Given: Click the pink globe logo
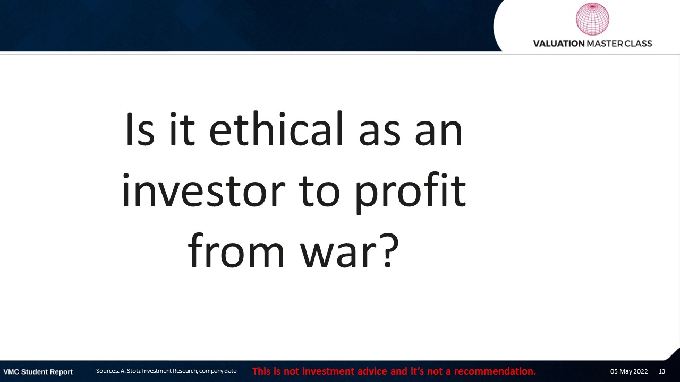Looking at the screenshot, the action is click(592, 19).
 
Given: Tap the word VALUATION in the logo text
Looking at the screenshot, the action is click(559, 44).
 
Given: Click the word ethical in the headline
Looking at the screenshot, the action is click(276, 128).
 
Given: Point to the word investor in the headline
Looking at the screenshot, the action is click(203, 189).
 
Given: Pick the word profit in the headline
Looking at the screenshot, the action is click(410, 193).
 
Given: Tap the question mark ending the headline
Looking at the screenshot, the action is click(388, 250).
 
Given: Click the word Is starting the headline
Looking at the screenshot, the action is click(140, 128).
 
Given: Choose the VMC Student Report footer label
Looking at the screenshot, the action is click(38, 372).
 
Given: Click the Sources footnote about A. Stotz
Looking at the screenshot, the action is click(166, 371).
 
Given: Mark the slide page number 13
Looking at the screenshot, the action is click(662, 371).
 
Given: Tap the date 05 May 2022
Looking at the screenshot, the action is click(629, 371).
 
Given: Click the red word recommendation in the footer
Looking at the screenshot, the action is click(495, 371).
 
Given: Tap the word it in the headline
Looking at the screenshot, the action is click(182, 128).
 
